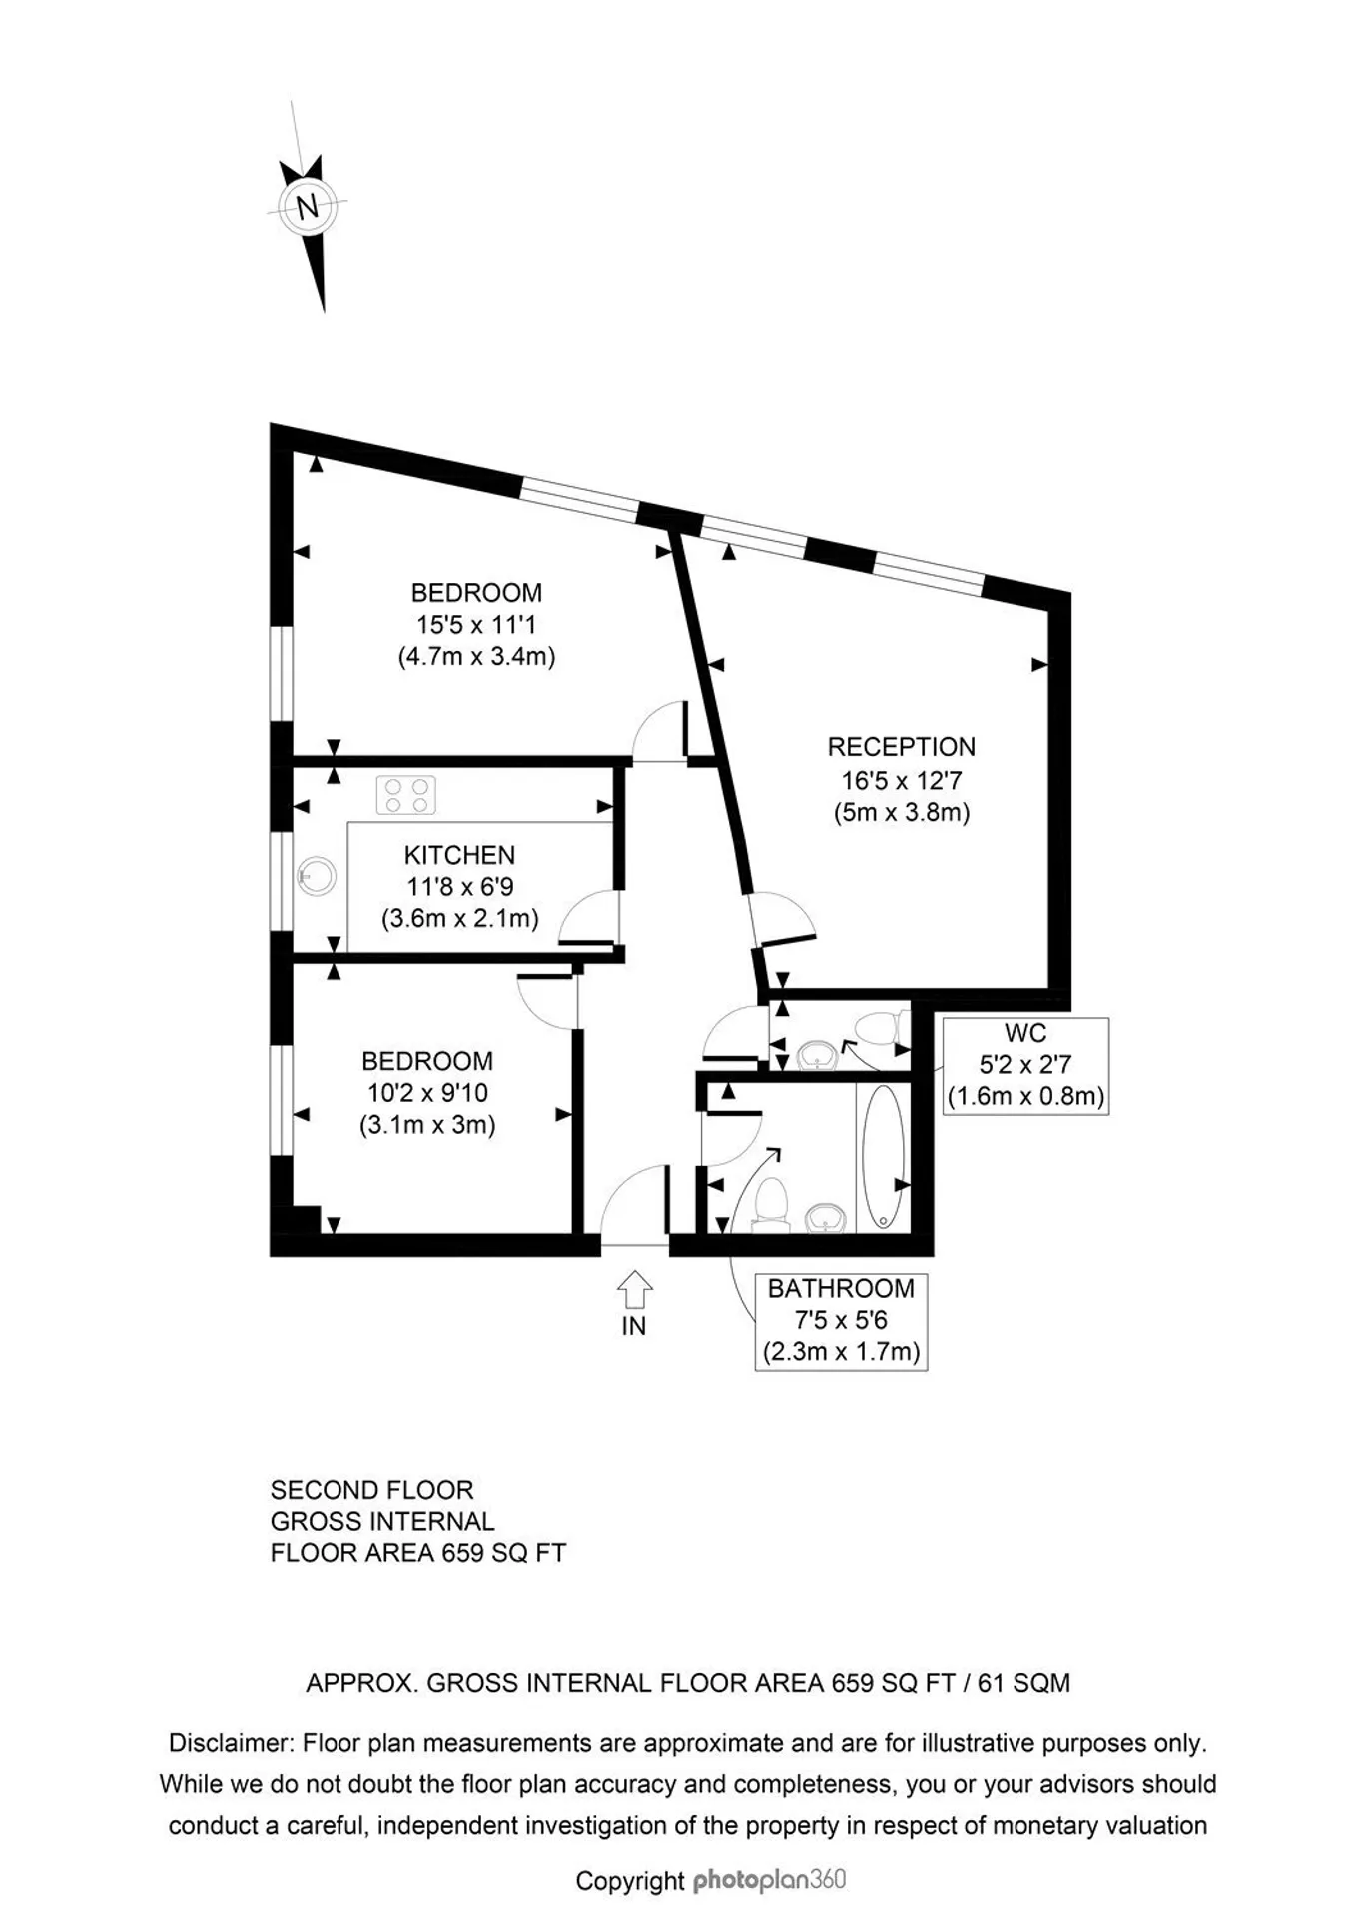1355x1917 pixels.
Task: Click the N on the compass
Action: pyautogui.click(x=307, y=208)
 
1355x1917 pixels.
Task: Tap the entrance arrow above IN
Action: pyautogui.click(x=634, y=1289)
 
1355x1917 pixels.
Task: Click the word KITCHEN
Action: pyautogui.click(x=459, y=855)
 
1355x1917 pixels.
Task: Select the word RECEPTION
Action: pyautogui.click(x=901, y=747)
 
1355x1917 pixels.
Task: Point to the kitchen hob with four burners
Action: pyautogui.click(x=406, y=795)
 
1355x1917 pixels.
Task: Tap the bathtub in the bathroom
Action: pyautogui.click(x=883, y=1156)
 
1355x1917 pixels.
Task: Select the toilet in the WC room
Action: pyautogui.click(x=880, y=1029)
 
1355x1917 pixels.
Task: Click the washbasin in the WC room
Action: pyautogui.click(x=818, y=1055)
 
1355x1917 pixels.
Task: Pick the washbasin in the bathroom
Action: pyautogui.click(x=826, y=1218)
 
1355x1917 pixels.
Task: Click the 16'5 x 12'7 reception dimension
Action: pyautogui.click(x=901, y=780)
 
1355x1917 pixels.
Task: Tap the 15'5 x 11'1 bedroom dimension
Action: pyautogui.click(x=476, y=625)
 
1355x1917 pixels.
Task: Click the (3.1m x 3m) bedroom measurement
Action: pyautogui.click(x=427, y=1125)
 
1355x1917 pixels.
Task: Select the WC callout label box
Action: pyautogui.click(x=1025, y=1065)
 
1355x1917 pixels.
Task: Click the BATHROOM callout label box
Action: pyautogui.click(x=841, y=1321)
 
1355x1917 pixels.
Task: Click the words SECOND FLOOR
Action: pyautogui.click(x=371, y=1490)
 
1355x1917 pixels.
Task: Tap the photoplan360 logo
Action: pyautogui.click(x=769, y=1881)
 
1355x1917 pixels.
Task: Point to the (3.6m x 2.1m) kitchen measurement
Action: pyautogui.click(x=459, y=919)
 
